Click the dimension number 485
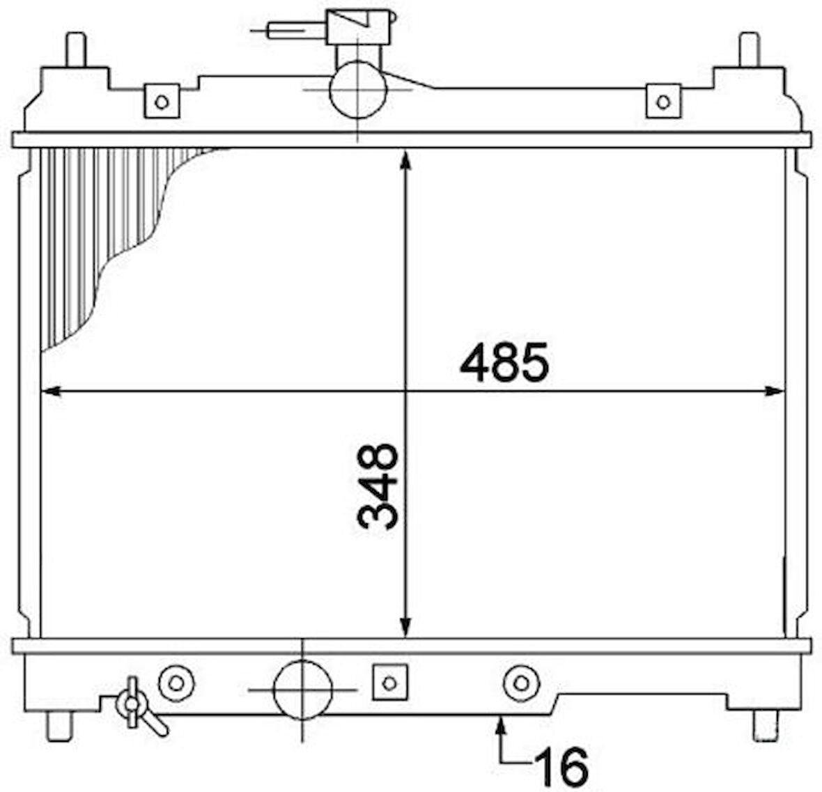504,362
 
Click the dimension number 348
378,486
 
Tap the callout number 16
561,766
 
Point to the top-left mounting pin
75,49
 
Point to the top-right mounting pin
749,49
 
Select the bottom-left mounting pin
59,727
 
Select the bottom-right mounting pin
766,727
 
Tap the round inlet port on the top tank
358,89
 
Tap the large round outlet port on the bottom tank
303,690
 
